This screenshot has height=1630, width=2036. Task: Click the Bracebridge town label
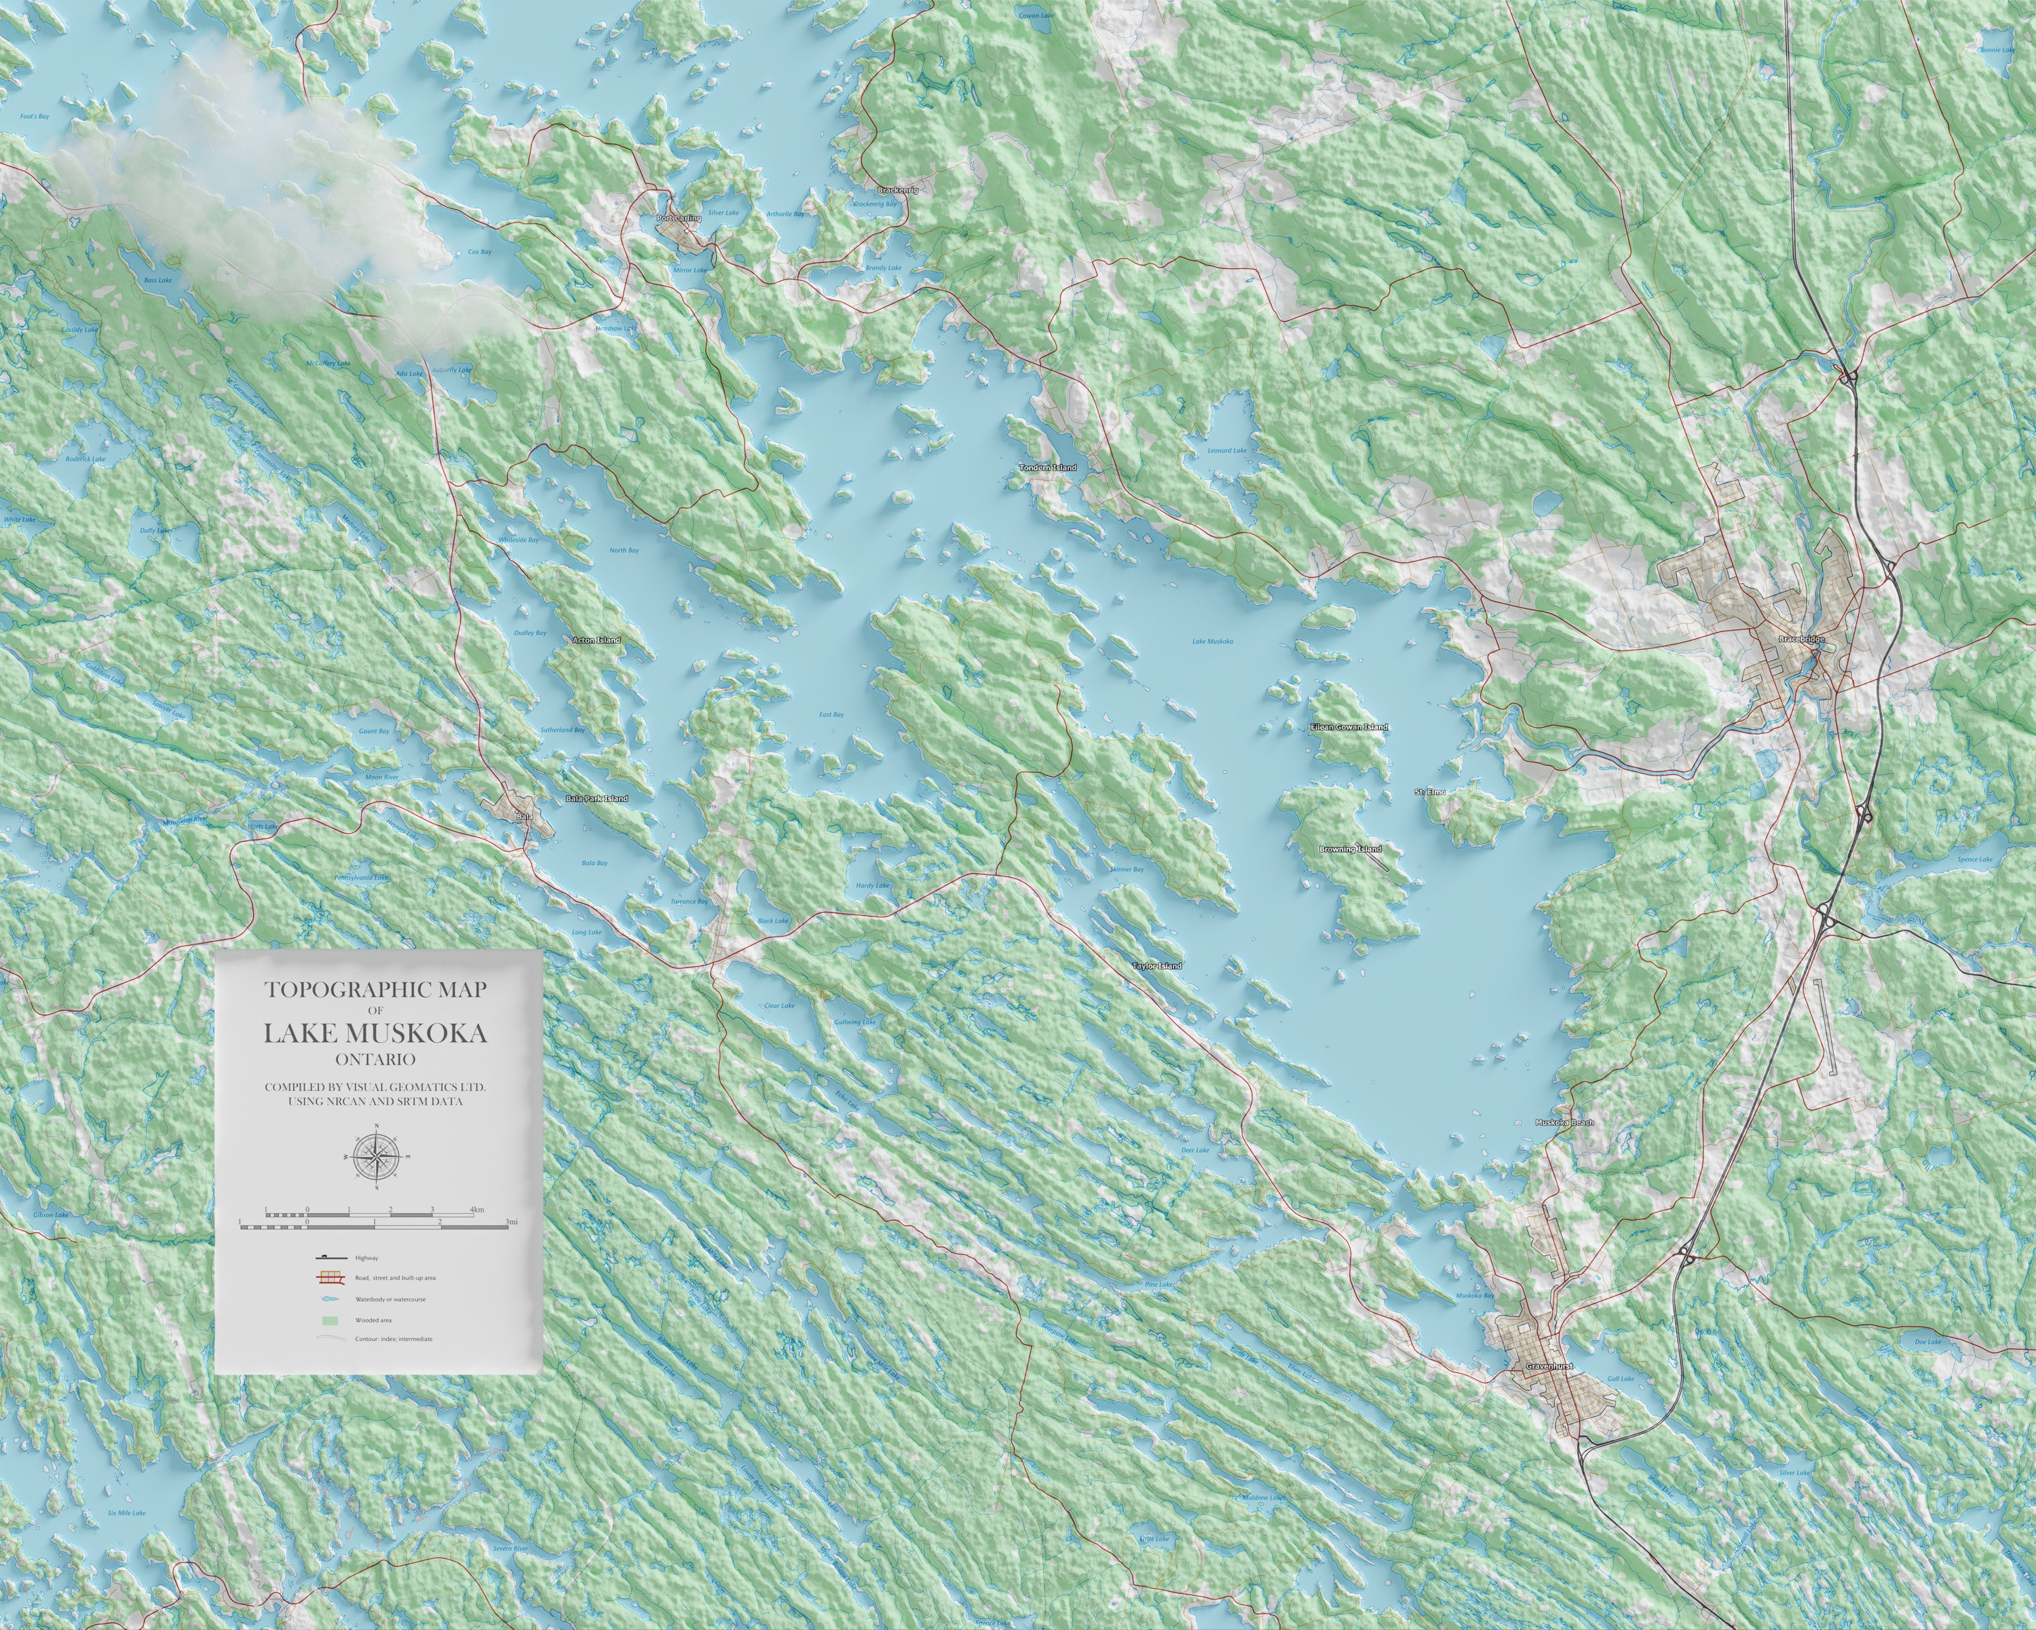point(1801,640)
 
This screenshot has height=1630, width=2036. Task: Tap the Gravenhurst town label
point(1549,1367)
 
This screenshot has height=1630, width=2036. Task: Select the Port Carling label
point(679,218)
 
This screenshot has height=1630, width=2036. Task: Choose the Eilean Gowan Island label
point(1349,727)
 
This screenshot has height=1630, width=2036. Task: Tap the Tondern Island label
point(1049,468)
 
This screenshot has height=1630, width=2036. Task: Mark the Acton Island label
point(597,640)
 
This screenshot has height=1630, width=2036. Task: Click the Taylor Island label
point(1157,966)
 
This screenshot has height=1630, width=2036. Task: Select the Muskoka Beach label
point(1565,1123)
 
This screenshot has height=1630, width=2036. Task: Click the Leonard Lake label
point(1227,451)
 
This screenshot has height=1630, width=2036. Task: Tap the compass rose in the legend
point(377,1154)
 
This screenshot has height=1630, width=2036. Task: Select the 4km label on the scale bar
point(477,1209)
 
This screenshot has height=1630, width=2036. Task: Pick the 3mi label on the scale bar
point(511,1223)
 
